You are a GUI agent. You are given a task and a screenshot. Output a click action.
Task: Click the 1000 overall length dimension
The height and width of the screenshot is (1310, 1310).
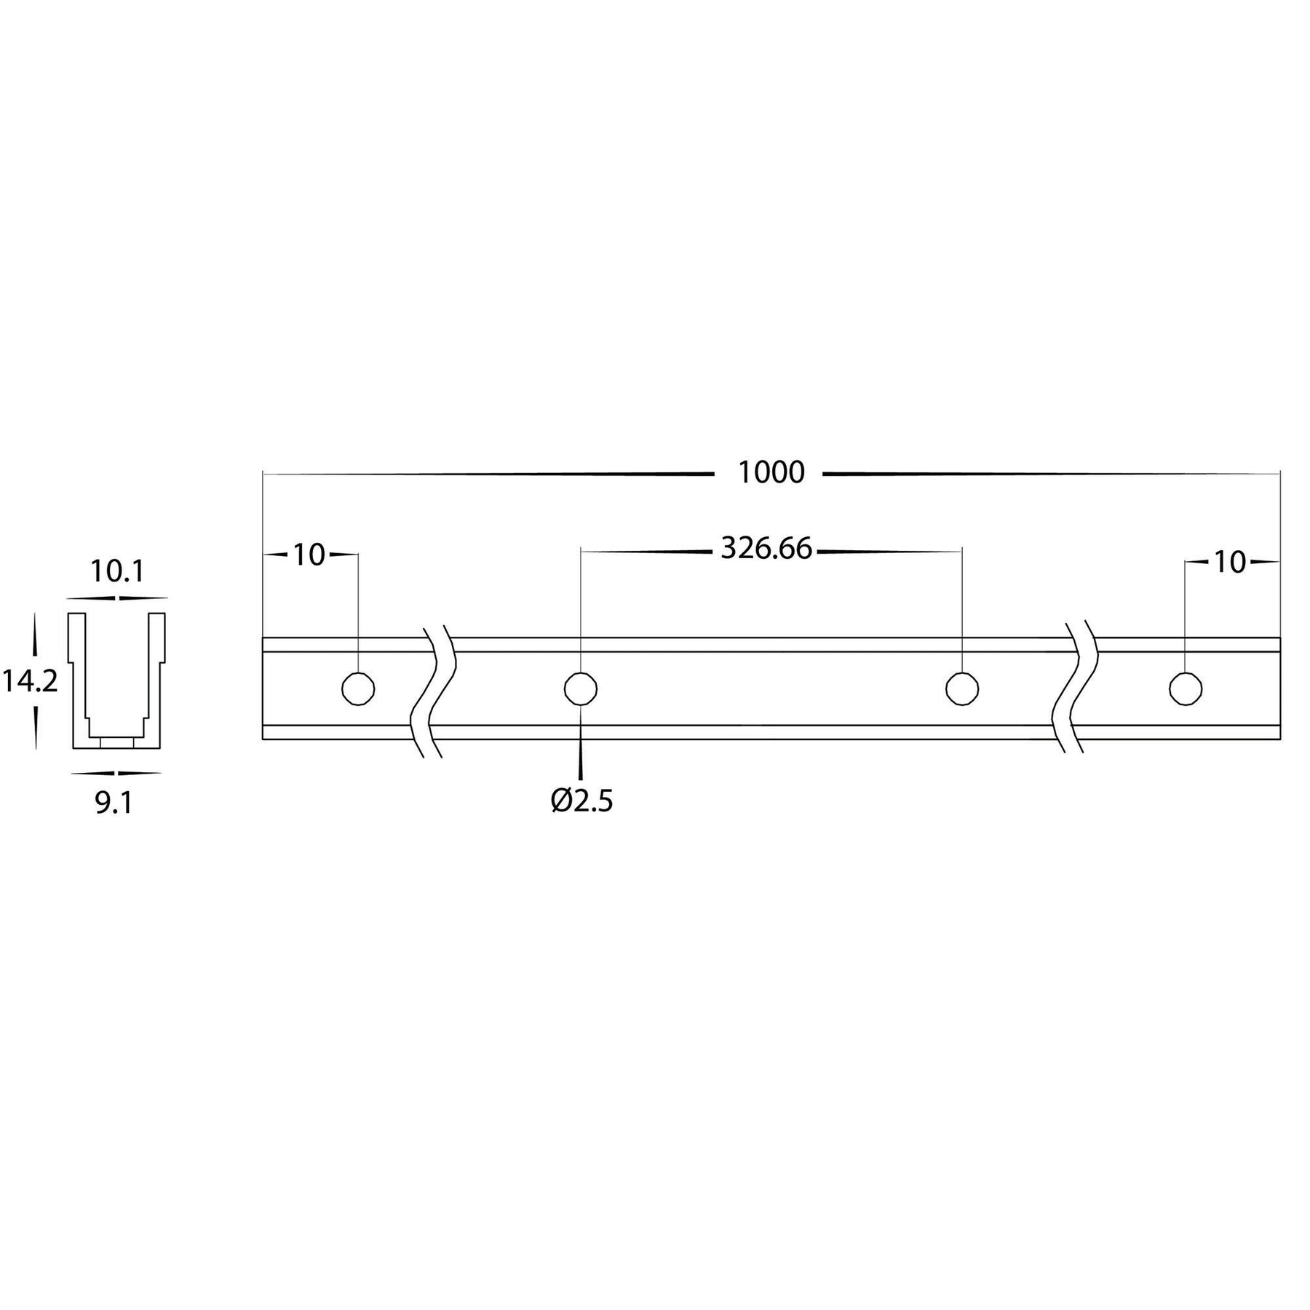point(771,473)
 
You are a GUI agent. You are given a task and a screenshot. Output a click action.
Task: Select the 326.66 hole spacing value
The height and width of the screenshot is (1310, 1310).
point(766,549)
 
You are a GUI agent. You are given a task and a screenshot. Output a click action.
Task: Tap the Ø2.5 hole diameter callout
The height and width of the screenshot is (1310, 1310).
point(582,801)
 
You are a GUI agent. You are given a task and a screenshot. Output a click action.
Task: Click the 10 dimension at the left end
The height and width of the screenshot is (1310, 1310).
point(309,555)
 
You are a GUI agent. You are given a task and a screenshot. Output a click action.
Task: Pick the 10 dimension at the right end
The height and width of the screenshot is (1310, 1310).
point(1230,563)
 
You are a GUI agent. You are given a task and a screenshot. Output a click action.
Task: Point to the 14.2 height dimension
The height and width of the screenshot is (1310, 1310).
point(29,682)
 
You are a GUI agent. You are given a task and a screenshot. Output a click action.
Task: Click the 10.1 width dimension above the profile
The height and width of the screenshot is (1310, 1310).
point(116,572)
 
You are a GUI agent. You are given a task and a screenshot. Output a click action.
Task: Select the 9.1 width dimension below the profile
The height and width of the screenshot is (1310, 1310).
point(114,803)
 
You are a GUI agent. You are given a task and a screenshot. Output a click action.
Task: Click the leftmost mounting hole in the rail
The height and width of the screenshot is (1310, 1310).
point(358,688)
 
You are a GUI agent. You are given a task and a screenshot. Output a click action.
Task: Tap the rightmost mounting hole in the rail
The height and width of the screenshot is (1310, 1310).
point(1186,688)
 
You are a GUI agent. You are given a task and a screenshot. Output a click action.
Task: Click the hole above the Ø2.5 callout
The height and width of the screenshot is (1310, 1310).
point(581,688)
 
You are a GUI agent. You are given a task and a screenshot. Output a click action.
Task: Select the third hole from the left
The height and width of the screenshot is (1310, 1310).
point(962,688)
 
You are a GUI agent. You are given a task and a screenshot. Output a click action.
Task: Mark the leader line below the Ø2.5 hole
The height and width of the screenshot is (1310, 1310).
point(581,761)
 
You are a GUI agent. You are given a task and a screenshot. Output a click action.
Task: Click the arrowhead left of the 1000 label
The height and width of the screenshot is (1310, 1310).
point(699,474)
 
